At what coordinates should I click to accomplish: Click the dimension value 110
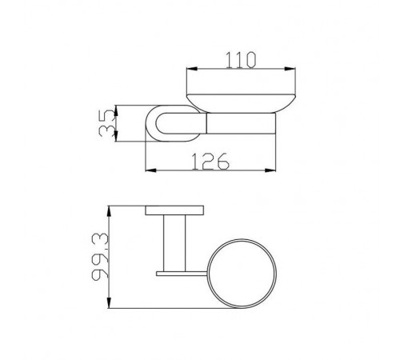(241, 60)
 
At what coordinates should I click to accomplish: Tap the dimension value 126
(210, 162)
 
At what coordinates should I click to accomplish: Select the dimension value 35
(107, 123)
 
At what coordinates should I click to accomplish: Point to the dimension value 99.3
(100, 256)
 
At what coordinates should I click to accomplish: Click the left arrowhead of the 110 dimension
(191, 69)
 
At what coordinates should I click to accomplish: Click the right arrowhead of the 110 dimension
(290, 69)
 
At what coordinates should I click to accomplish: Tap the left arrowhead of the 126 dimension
(150, 170)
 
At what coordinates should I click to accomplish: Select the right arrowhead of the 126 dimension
(270, 170)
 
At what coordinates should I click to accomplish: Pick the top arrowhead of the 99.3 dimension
(109, 211)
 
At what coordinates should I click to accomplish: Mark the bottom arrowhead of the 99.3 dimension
(109, 302)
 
